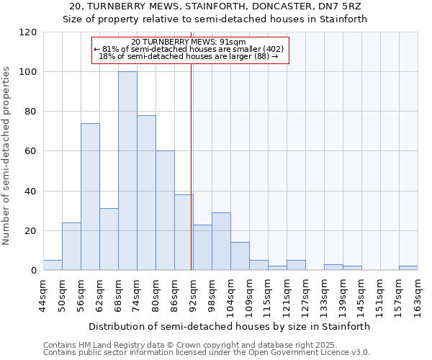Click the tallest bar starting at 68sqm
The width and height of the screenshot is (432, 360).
tap(127, 171)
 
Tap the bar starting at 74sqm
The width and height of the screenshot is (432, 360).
tap(146, 193)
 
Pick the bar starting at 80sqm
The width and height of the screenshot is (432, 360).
tap(165, 210)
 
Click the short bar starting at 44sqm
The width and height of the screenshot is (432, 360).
tap(53, 265)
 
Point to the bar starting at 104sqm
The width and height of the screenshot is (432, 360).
tap(240, 256)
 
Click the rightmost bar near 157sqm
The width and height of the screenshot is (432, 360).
tap(408, 268)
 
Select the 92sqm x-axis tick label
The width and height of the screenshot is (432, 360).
tap(193, 296)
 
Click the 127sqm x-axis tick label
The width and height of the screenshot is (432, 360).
tap(305, 296)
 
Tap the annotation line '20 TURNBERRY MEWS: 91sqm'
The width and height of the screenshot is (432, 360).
tap(190, 42)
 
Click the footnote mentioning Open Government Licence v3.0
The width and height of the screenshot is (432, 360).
tap(207, 353)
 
